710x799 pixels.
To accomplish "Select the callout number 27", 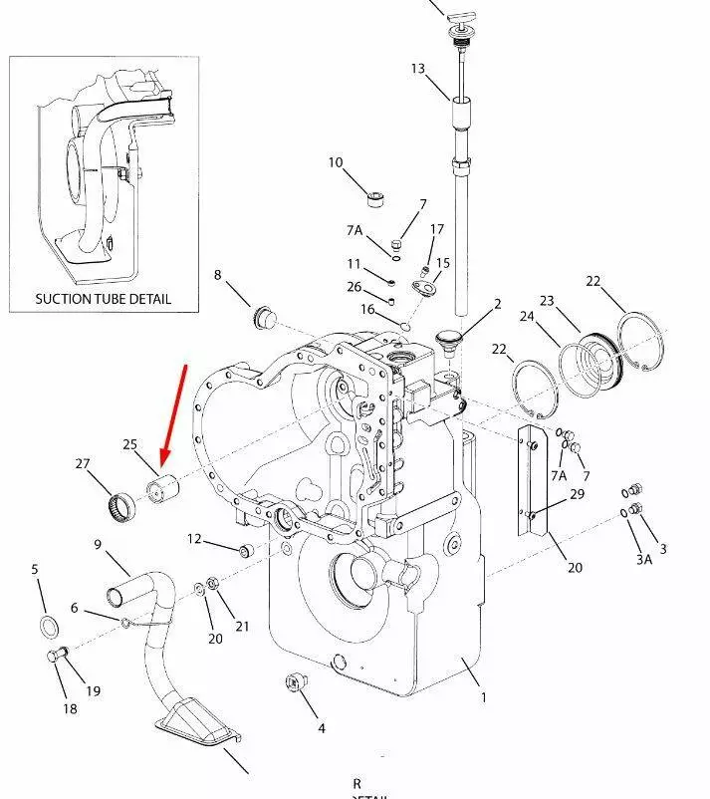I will [83, 463].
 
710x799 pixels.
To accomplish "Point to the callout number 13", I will [417, 69].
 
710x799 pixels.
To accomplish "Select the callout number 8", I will [218, 275].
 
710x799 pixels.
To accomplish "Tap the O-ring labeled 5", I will [47, 627].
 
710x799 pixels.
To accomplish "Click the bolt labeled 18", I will [57, 658].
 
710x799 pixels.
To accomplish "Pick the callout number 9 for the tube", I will [98, 544].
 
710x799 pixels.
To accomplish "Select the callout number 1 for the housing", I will [484, 697].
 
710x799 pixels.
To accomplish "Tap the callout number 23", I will [547, 301].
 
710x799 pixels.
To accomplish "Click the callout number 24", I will [528, 318].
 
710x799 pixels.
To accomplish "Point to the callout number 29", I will [577, 494].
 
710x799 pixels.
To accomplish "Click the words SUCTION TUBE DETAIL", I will [103, 298].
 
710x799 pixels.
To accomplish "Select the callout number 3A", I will [644, 559].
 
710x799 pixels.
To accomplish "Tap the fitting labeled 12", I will [245, 550].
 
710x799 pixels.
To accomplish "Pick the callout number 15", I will [443, 263].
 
